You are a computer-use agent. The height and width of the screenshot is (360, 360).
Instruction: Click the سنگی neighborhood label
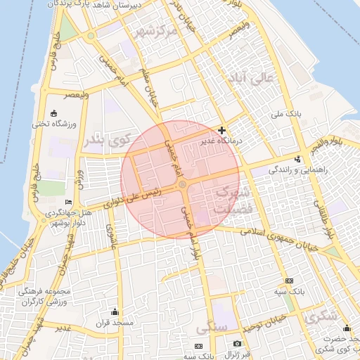point(212,328)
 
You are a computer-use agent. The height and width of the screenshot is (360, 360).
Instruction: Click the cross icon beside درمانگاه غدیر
point(222,130)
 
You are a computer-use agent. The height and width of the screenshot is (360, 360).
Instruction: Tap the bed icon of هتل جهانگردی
point(68,202)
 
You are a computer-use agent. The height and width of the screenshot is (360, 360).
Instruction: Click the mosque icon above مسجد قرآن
point(115,312)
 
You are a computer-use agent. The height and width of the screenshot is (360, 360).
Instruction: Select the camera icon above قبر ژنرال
point(237,343)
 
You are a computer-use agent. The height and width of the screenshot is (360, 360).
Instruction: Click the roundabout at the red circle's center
point(182,184)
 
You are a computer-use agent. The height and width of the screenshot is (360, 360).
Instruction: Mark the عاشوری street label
point(110,236)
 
